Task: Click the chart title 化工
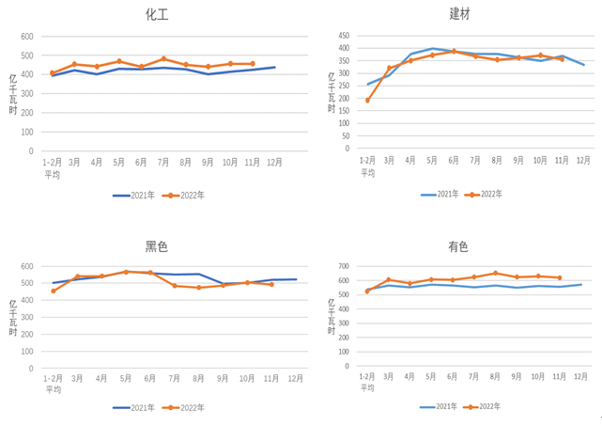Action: (158, 15)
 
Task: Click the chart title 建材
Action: (461, 14)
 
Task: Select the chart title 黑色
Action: (157, 246)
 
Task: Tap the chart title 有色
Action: (458, 246)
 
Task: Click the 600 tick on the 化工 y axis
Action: (26, 37)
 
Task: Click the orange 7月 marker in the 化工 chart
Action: (163, 58)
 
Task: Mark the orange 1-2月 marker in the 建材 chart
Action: (367, 100)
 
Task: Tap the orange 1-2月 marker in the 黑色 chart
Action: (53, 291)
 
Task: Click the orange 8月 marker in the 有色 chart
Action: (496, 273)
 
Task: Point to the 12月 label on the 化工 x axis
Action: (274, 162)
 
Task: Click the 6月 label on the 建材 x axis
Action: (454, 160)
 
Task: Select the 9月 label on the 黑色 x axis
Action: (223, 378)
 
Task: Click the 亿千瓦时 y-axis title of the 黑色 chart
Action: (14, 317)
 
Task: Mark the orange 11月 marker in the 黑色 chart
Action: (271, 284)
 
